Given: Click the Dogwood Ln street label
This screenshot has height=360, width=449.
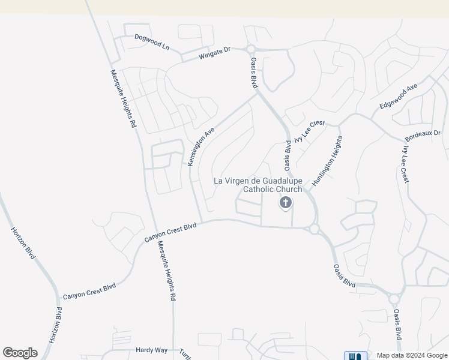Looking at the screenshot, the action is point(152,41).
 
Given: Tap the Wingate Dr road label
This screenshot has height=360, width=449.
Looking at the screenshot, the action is point(214,54).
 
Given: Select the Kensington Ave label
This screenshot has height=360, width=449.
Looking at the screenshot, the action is point(200,146).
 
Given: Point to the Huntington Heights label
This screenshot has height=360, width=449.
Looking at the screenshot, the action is point(327,161).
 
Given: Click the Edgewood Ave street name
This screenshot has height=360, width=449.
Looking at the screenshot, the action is point(399,97).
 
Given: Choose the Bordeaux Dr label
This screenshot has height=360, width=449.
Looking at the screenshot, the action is point(423,133).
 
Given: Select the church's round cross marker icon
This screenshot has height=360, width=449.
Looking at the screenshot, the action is point(285,203).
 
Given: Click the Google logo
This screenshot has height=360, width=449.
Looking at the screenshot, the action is point(20,353).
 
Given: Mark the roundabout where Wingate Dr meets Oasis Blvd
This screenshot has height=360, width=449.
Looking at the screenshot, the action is point(250,49).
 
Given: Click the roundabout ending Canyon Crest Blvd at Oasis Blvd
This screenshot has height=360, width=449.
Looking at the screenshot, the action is point(314,228).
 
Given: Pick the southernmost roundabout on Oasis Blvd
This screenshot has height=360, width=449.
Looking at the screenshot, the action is point(394,298).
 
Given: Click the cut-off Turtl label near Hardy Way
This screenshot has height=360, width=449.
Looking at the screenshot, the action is point(185,351).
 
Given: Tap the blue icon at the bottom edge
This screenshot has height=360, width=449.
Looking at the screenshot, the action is point(355,356).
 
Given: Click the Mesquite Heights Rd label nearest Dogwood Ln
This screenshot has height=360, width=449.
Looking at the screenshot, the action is point(122,99).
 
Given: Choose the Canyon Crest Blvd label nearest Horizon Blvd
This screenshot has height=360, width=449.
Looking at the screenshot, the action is point(89,292).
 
